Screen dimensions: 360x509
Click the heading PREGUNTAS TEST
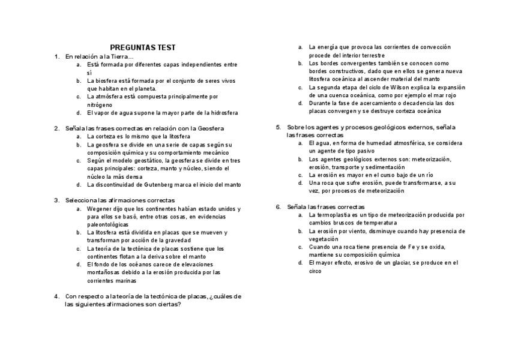click(x=143, y=47)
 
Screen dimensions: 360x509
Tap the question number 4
click(x=56, y=296)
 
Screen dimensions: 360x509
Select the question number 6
click(x=279, y=206)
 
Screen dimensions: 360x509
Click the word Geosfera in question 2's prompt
click(x=210, y=128)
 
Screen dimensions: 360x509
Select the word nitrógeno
click(x=100, y=104)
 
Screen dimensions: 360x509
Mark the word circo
click(x=316, y=271)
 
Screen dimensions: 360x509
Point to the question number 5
click(x=279, y=127)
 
